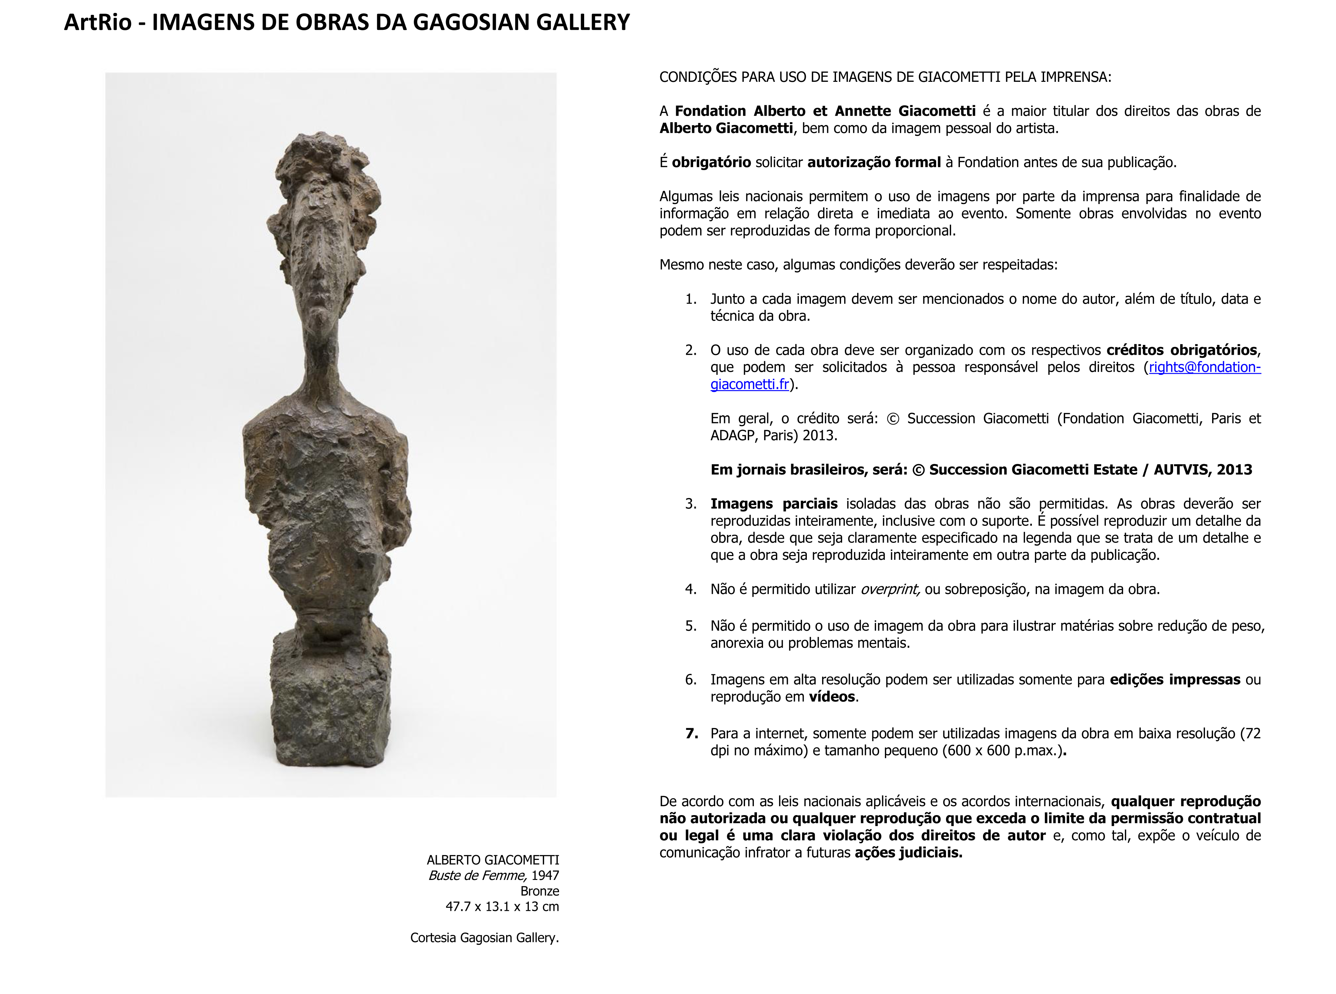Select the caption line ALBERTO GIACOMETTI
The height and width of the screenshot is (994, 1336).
coord(493,860)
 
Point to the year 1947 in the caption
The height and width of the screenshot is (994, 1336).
coord(545,876)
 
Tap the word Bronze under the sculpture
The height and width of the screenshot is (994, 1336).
coord(540,891)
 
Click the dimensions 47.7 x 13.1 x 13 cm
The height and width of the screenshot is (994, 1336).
coord(502,907)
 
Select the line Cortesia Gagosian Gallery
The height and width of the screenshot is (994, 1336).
coord(484,938)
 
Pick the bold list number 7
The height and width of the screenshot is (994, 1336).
coord(691,734)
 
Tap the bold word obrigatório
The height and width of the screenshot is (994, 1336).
coord(711,163)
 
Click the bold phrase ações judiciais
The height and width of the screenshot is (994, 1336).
coord(908,852)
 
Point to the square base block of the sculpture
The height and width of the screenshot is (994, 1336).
coord(330,704)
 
